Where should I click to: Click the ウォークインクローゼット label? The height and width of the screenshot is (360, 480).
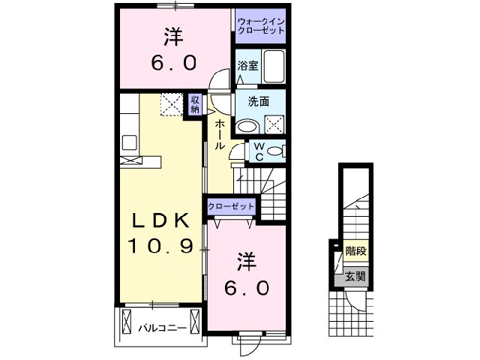pyautogui.click(x=259, y=26)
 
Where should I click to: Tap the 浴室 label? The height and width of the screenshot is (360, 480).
pyautogui.click(x=248, y=65)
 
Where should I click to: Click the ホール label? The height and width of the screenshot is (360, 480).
pyautogui.click(x=220, y=133)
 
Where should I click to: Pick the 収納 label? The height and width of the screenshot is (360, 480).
pyautogui.click(x=195, y=104)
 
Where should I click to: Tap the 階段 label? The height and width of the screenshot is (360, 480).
pyautogui.click(x=355, y=251)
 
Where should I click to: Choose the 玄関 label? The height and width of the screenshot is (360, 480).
pyautogui.click(x=355, y=276)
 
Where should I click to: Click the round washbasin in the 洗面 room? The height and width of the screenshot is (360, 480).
pyautogui.click(x=247, y=125)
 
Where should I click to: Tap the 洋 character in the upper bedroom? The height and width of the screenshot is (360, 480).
pyautogui.click(x=172, y=35)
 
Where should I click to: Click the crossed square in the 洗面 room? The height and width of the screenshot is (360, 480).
pyautogui.click(x=274, y=125)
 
